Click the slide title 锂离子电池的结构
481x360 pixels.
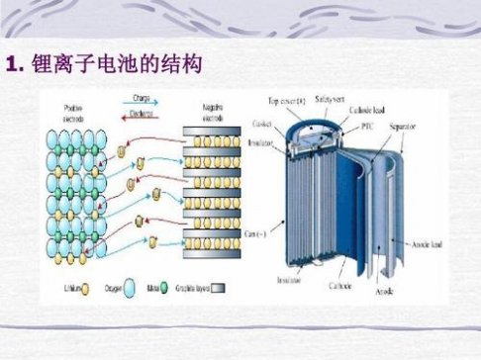[118, 66]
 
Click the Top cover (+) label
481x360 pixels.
[287, 101]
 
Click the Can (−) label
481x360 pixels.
[254, 234]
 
